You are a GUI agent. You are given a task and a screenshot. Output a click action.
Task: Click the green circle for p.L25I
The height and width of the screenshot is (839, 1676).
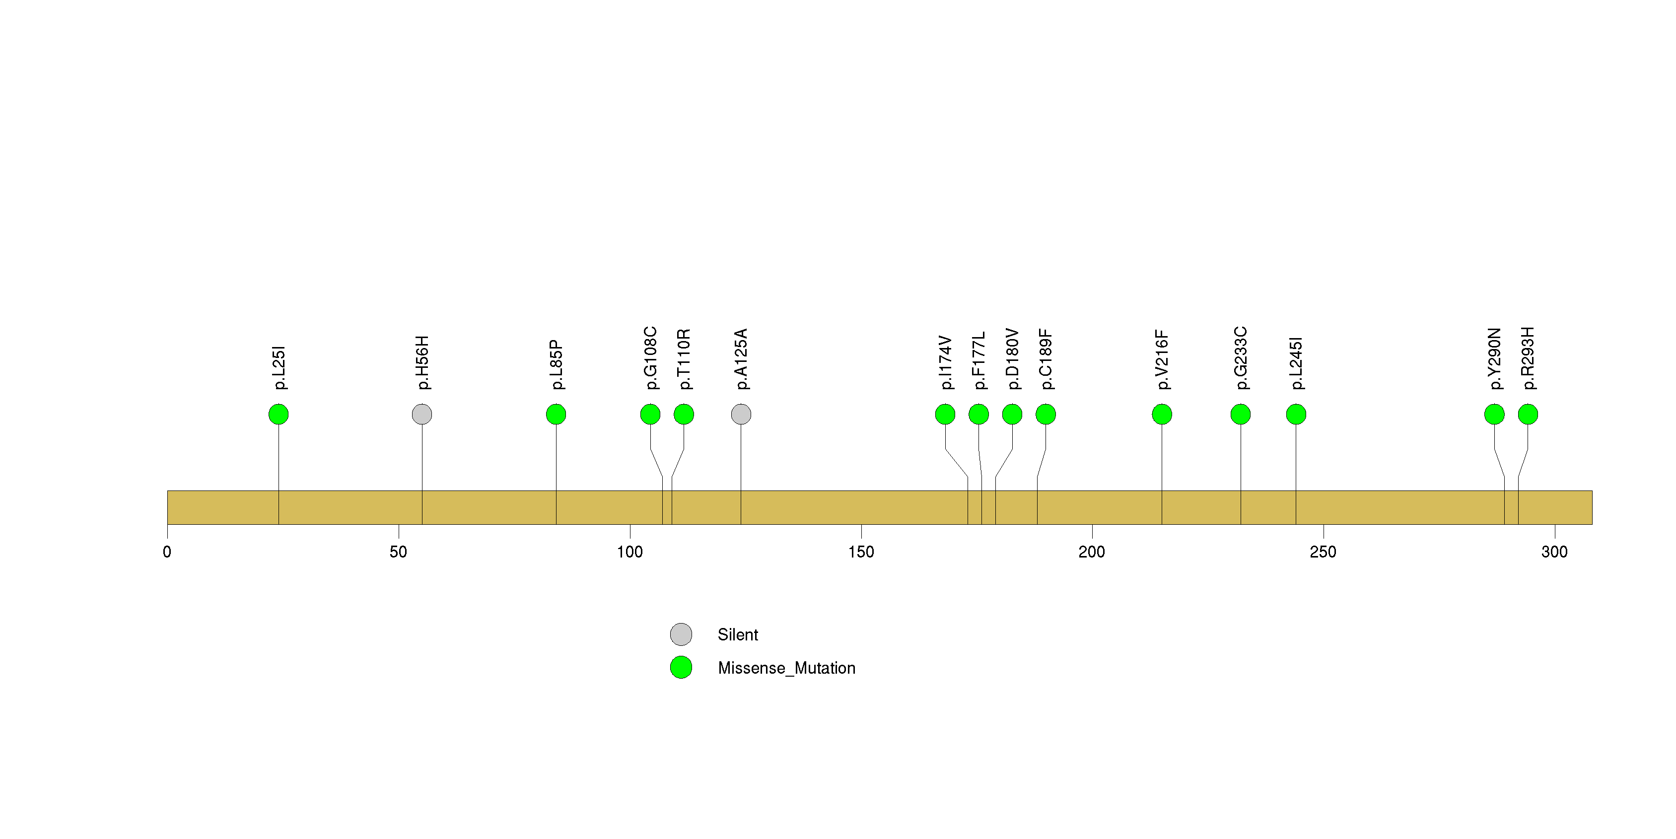click(279, 415)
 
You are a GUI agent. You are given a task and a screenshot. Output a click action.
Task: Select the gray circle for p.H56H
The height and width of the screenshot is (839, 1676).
click(422, 415)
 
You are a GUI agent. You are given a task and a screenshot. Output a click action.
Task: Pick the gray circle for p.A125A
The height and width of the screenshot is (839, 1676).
click(741, 415)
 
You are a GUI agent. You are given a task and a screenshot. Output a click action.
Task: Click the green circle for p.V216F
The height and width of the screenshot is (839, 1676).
click(1162, 415)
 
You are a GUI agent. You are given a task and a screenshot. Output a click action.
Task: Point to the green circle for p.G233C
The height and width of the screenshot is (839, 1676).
click(1241, 415)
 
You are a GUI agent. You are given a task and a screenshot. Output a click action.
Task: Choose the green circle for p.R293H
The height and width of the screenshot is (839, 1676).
click(1528, 415)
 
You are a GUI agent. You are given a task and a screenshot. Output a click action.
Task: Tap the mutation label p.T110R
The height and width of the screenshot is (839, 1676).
click(684, 359)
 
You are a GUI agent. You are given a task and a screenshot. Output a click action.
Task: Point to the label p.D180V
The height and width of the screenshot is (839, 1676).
click(1012, 359)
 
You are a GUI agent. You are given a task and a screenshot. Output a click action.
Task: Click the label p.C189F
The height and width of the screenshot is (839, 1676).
click(1046, 359)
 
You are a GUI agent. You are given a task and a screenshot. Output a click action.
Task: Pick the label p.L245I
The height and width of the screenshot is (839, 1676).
click(1296, 363)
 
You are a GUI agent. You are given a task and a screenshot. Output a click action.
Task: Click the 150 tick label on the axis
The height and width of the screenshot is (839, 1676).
click(861, 552)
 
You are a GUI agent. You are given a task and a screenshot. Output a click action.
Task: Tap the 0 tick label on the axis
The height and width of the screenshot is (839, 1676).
click(167, 552)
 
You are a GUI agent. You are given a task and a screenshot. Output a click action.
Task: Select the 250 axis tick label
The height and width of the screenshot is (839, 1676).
click(1323, 552)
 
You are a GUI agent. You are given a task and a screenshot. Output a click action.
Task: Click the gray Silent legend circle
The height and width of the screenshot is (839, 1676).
click(681, 634)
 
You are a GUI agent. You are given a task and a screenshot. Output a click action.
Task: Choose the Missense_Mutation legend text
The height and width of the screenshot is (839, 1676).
click(786, 668)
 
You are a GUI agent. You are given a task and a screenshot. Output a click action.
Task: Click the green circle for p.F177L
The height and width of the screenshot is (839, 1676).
click(978, 415)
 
